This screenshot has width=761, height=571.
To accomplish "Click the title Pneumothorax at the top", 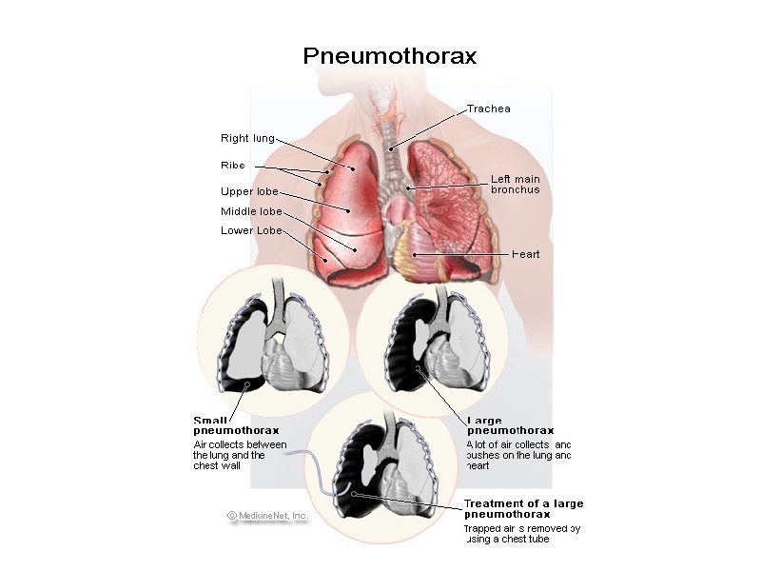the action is point(390,56).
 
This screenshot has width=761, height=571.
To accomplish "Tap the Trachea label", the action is point(488,108).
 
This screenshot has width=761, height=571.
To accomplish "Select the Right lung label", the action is point(247,139).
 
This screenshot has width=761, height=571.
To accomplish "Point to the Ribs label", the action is point(233,166).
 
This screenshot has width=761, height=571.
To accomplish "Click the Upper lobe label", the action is point(249,191).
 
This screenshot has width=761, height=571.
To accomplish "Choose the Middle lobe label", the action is point(251,212).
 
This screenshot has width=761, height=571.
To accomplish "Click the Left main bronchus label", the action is point(515,184).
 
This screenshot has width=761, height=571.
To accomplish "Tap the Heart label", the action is point(526,254).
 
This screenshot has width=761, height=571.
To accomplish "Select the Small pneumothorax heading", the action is point(224,425).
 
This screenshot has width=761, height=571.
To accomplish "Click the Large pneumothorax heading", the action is point(510,425).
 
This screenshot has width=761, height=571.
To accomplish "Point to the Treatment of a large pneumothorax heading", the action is point(523,508).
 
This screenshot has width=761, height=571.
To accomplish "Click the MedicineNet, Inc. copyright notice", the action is point(268,516).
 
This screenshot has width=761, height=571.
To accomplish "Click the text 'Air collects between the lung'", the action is point(233,444).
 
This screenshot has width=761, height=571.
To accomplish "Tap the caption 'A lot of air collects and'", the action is point(518,444).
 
